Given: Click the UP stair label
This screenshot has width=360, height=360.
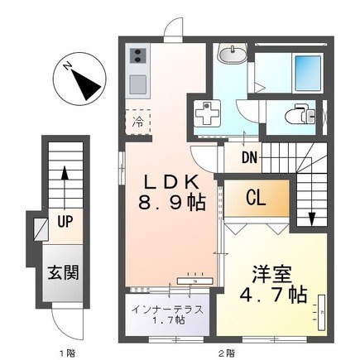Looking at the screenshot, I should point(65,222).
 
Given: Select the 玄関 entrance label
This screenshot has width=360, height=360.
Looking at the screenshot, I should point(62,271).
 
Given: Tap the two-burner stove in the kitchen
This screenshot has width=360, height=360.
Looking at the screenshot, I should point(137,57).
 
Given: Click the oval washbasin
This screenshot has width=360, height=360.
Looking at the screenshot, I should point(228,55).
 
